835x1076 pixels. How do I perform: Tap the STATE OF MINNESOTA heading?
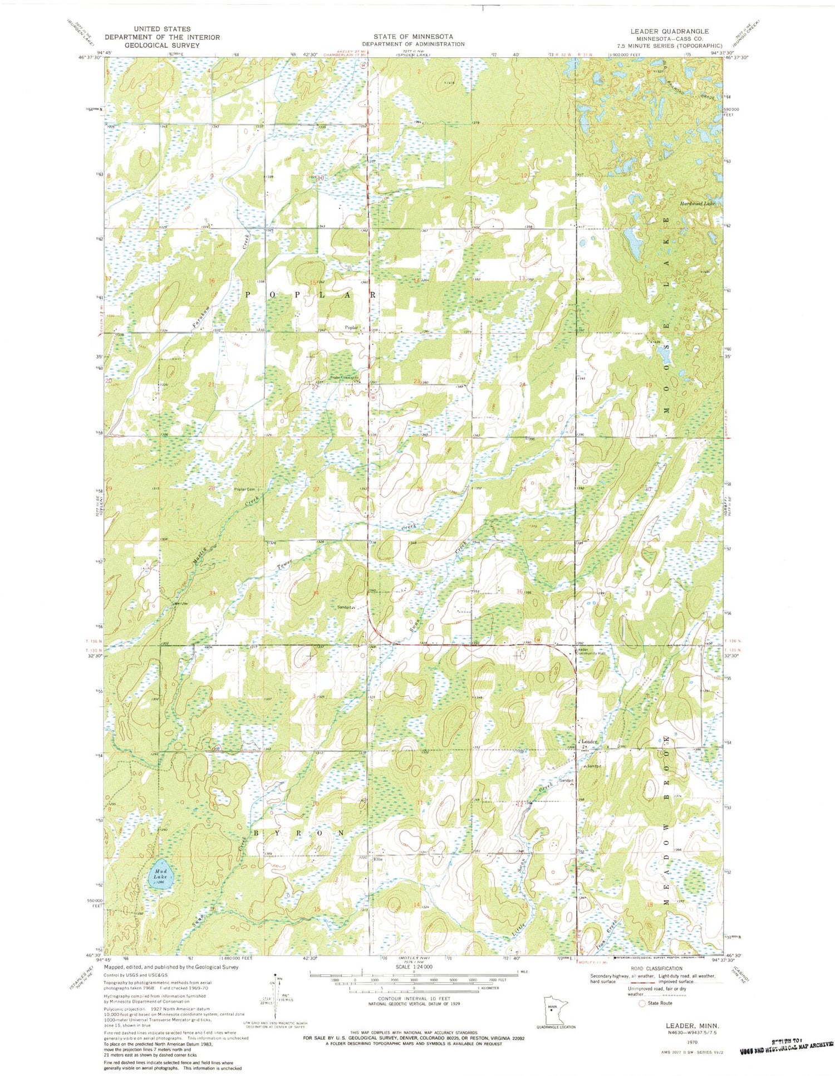[412, 36]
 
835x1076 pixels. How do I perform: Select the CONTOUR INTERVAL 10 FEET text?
[413, 998]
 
